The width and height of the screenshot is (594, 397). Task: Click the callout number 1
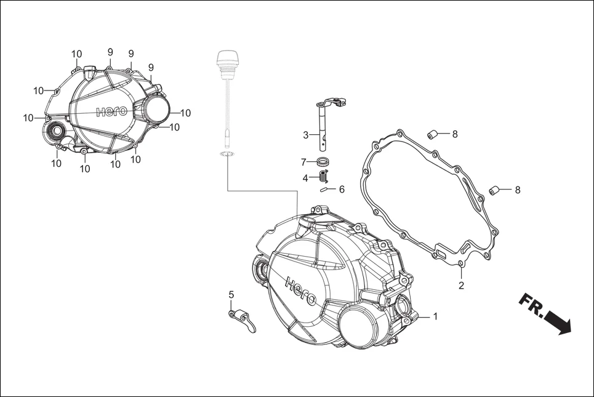pyautogui.click(x=435, y=316)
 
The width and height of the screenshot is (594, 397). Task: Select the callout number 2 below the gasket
pyautogui.click(x=460, y=285)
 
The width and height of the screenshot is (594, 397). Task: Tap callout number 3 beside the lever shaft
pyautogui.click(x=305, y=135)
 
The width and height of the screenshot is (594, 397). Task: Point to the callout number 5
pyautogui.click(x=231, y=295)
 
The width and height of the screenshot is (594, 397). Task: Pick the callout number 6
pyautogui.click(x=342, y=190)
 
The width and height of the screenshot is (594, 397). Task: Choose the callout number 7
pyautogui.click(x=303, y=162)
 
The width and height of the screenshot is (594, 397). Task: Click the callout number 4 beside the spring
pyautogui.click(x=305, y=178)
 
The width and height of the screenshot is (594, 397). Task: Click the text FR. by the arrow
pyautogui.click(x=532, y=305)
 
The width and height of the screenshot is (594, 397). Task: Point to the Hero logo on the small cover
pyautogui.click(x=112, y=111)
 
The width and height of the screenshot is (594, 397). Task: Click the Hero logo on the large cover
pyautogui.click(x=302, y=289)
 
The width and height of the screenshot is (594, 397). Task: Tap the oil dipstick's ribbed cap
pyautogui.click(x=226, y=62)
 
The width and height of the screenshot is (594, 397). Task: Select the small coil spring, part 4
pyautogui.click(x=321, y=177)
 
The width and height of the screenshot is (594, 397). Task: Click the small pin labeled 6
pyautogui.click(x=326, y=190)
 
